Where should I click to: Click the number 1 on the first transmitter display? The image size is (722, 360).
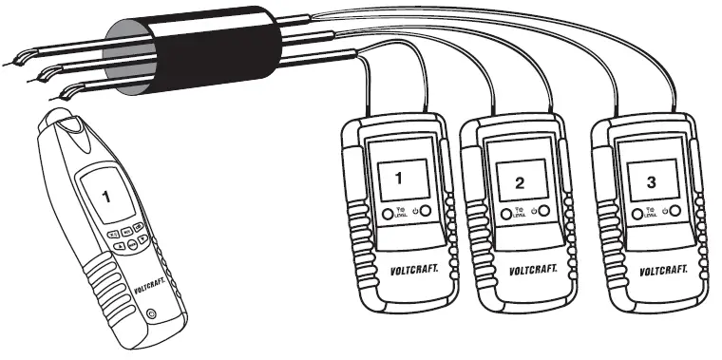click(x=399, y=177)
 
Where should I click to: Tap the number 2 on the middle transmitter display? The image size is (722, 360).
click(x=519, y=181)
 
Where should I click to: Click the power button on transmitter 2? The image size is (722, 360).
click(x=544, y=212)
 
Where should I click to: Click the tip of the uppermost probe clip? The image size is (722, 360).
click(x=5, y=64)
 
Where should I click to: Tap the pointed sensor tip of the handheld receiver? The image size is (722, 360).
click(x=63, y=112)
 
